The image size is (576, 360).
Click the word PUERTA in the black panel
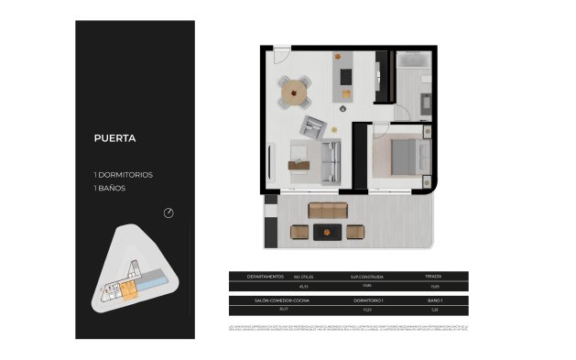(115, 139)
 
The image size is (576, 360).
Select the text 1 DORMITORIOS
(123, 174)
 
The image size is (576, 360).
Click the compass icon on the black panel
(168, 213)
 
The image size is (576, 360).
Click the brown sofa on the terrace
(328, 211)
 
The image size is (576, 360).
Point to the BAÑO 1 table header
(434, 300)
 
